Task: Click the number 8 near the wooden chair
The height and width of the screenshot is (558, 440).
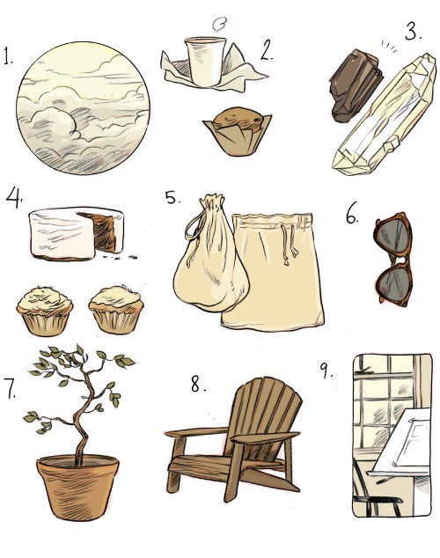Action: [x=195, y=385]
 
